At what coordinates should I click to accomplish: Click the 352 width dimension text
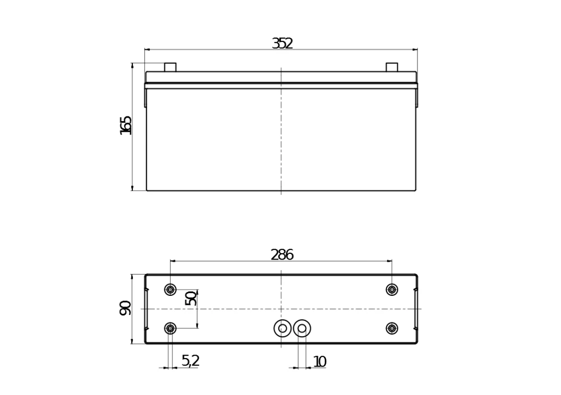click(282, 44)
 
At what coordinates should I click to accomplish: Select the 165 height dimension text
click(126, 125)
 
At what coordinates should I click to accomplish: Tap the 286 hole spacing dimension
click(282, 255)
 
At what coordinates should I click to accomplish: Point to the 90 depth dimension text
click(126, 308)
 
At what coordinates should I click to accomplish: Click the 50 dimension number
click(191, 298)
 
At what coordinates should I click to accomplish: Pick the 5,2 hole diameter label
click(190, 361)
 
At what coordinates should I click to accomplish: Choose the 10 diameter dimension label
click(319, 362)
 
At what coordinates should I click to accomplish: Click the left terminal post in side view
click(170, 67)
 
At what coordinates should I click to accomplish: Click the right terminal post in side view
click(392, 67)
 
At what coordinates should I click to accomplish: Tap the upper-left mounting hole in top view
click(170, 290)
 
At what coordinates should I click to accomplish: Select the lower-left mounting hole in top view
click(170, 328)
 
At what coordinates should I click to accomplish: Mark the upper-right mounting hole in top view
click(392, 290)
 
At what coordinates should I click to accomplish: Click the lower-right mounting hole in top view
click(392, 328)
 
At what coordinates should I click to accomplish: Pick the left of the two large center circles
click(283, 328)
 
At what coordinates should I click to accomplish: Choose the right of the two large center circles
click(302, 328)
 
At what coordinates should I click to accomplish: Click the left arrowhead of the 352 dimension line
click(147, 50)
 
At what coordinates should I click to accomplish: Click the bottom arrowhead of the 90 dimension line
click(132, 341)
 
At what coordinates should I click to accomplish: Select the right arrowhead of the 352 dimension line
click(415, 50)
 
